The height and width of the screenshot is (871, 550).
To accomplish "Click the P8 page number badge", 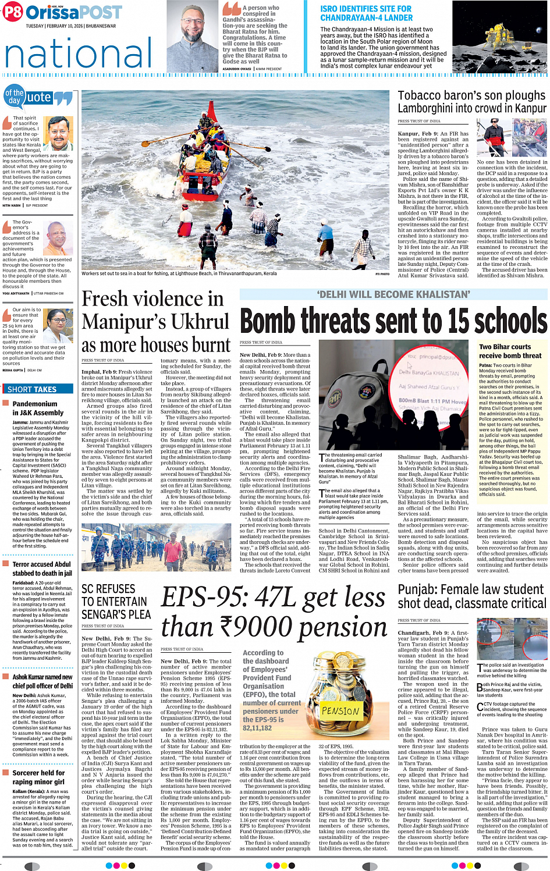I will (x=13, y=12).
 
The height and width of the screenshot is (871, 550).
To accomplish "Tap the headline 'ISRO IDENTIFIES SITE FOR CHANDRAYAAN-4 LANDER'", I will (x=366, y=13).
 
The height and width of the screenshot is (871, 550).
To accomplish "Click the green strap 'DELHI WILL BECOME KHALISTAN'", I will (x=393, y=294).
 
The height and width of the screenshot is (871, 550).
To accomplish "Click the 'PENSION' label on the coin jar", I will (x=340, y=710).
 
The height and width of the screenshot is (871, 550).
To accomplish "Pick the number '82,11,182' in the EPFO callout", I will (x=257, y=728).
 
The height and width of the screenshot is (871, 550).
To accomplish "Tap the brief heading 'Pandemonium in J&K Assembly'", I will (x=38, y=408).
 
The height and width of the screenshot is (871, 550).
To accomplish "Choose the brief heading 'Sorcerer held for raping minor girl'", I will (x=38, y=777).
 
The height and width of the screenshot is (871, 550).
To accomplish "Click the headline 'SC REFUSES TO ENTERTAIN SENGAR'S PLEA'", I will (x=116, y=602).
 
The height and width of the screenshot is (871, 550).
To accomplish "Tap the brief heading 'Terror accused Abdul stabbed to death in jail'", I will (x=42, y=568).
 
